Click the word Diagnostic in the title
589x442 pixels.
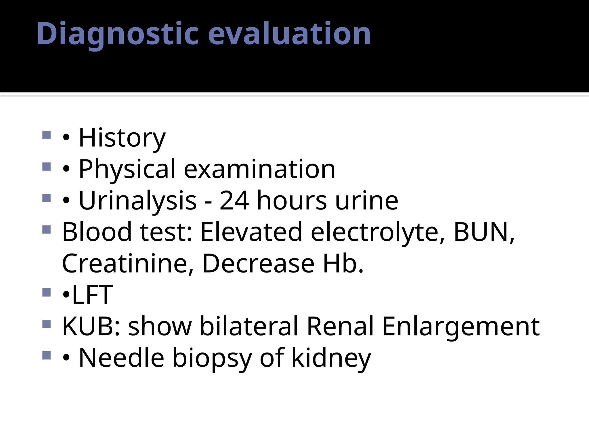click(118, 34)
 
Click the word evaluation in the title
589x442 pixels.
click(289, 34)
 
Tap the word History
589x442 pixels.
click(122, 138)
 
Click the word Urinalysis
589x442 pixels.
click(137, 201)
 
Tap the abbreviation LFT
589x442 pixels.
click(92, 295)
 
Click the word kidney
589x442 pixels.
click(331, 358)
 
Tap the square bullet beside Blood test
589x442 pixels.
click(46, 229)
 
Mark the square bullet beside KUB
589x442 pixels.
click(46, 324)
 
